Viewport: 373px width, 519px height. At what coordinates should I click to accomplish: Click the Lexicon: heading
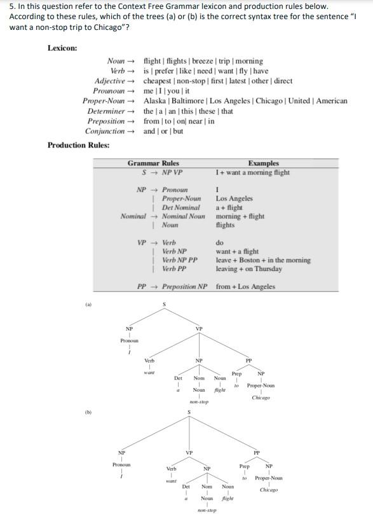[x=62, y=48]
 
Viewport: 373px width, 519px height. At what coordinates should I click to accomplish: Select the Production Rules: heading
[x=78, y=145]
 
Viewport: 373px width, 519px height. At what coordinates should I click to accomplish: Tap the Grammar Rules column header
[x=153, y=163]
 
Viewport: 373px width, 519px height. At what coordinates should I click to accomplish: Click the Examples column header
[x=263, y=163]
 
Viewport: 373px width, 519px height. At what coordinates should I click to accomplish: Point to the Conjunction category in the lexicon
[x=105, y=132]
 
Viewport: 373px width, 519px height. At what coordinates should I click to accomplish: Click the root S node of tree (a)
[x=165, y=305]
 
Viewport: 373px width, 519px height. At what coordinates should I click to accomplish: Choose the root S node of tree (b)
[x=189, y=413]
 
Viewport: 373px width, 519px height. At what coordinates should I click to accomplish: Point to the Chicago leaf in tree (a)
[x=261, y=398]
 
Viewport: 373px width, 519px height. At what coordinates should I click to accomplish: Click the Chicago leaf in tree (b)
[x=269, y=490]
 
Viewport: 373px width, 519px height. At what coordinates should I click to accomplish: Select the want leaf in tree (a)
[x=149, y=373]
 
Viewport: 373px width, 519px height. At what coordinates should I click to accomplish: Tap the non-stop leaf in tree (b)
[x=207, y=511]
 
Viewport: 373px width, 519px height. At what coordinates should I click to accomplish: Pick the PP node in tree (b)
[x=257, y=453]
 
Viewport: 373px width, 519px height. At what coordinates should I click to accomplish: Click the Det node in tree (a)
[x=178, y=378]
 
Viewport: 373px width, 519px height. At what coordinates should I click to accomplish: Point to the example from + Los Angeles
[x=245, y=287]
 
